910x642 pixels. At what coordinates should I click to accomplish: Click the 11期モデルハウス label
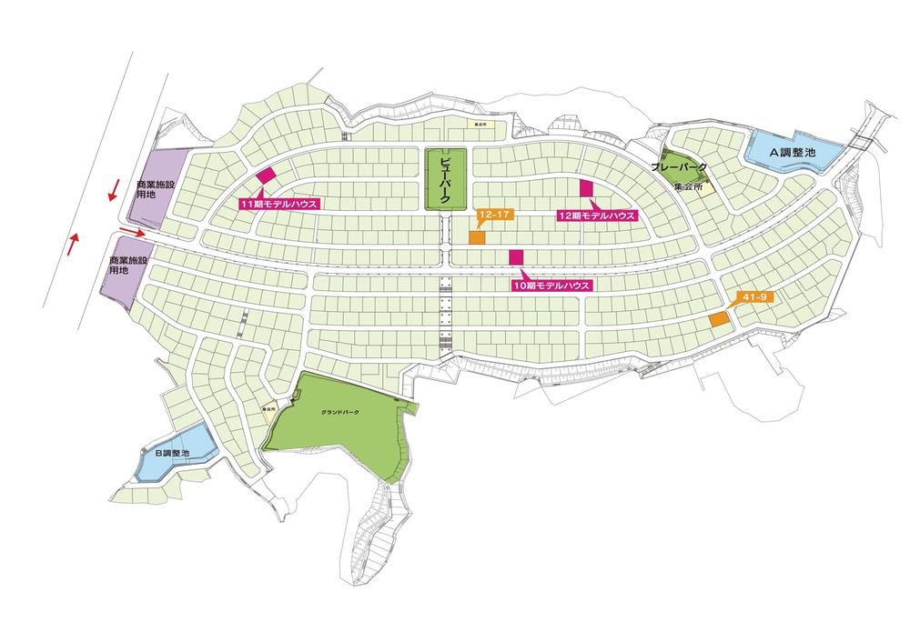[x=278, y=205]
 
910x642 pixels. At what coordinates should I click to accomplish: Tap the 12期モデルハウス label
[x=596, y=216]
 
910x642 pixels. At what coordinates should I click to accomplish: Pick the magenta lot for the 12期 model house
[x=586, y=188]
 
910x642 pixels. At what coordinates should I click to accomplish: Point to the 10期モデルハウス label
[x=551, y=285]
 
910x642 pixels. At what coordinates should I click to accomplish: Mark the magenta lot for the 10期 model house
[x=516, y=257]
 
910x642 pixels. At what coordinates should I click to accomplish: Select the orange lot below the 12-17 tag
[x=476, y=237]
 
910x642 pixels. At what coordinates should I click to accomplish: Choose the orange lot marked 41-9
[x=718, y=320]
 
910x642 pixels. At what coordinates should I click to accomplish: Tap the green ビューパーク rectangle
[x=446, y=178]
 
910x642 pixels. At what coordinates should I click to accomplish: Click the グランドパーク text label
[x=340, y=413]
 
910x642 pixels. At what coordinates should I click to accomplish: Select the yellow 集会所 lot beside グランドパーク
[x=270, y=408]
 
